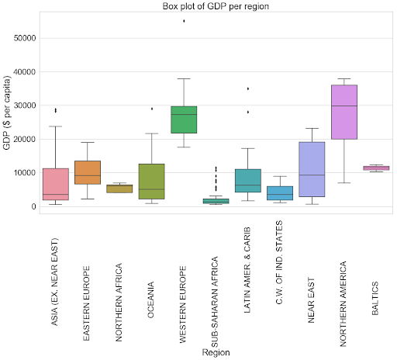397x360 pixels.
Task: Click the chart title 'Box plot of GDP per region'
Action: coord(216,7)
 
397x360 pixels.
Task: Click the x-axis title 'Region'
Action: coord(216,351)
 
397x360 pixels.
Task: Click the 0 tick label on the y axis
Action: coord(36,206)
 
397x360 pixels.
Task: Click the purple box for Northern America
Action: coord(343,112)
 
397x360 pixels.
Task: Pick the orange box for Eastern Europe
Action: coord(88,172)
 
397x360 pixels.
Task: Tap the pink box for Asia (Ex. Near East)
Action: coord(56,184)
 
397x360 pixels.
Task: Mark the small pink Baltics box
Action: coord(376,168)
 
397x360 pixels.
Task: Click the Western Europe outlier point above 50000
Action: coord(184,21)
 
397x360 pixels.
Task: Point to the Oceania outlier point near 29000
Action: coord(152,109)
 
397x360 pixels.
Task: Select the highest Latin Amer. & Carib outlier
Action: coord(248,88)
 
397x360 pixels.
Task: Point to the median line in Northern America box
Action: coord(343,106)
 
